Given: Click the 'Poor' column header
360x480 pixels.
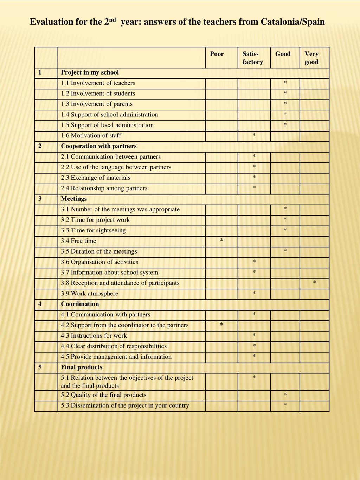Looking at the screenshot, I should click(217, 54).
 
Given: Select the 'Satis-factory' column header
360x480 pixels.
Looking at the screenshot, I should click(252, 58).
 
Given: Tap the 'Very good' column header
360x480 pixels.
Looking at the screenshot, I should click(311, 58).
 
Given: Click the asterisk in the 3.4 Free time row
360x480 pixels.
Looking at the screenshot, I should click(221, 241).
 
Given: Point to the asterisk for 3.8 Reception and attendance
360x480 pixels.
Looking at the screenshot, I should click(314, 283).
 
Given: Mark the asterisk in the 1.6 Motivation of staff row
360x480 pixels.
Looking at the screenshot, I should click(254, 135).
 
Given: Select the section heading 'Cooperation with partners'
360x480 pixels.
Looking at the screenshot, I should click(98, 146).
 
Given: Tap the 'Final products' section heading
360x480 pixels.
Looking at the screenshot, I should click(82, 367).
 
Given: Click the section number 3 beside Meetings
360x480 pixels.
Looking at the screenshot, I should click(40, 199).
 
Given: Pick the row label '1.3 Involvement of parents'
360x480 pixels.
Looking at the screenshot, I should click(97, 104).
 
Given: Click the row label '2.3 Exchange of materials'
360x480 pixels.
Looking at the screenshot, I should click(96, 178).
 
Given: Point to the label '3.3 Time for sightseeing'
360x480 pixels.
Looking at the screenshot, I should click(93, 230).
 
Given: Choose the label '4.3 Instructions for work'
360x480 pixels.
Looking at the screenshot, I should click(94, 335).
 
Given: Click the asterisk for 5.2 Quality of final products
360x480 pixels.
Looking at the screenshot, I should click(285, 395).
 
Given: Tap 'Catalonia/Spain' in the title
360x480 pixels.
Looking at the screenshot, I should click(292, 22).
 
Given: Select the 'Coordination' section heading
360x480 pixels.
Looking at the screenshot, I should click(80, 304).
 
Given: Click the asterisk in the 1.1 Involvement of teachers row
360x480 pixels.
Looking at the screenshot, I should click(285, 83).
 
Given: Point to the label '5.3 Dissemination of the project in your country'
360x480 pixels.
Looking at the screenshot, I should click(125, 405).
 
